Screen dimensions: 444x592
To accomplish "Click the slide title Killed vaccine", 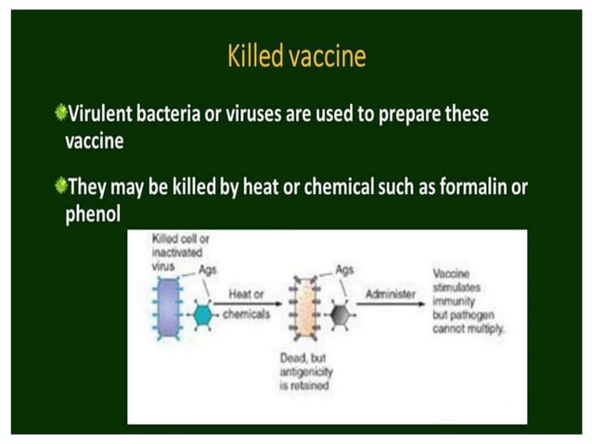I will tap(296, 58).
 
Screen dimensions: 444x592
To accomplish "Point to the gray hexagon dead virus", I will tap(341, 314).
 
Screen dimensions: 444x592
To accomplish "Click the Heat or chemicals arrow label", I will tap(246, 304).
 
